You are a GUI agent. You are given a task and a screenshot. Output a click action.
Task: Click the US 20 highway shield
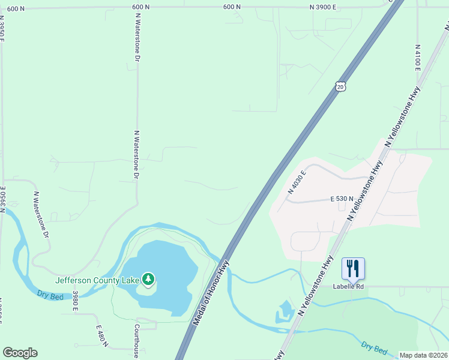pyautogui.click(x=340, y=87)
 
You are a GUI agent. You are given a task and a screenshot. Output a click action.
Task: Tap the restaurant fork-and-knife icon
pyautogui.click(x=353, y=268)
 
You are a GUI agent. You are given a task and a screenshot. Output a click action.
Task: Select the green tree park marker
pyautogui.click(x=148, y=279)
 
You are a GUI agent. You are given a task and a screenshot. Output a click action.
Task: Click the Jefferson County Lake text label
pyautogui.click(x=97, y=280)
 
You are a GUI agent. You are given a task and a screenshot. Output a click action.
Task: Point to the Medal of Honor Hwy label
pyautogui.click(x=212, y=293)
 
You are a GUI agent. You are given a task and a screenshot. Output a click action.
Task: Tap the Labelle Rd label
pyautogui.click(x=349, y=286)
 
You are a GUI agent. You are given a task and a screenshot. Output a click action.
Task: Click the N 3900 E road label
pyautogui.click(x=323, y=7)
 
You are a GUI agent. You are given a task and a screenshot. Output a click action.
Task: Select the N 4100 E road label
pyautogui.click(x=417, y=57)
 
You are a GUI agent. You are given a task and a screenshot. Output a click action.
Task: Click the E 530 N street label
pyautogui.click(x=342, y=198)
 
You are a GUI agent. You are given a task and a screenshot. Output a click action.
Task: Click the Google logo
pyautogui.click(x=20, y=353)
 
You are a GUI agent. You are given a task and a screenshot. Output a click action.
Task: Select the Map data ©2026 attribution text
pyautogui.click(x=424, y=355)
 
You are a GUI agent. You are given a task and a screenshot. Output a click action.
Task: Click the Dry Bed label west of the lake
pyautogui.click(x=49, y=295)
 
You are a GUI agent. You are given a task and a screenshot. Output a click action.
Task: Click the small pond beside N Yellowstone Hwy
pyautogui.click(x=284, y=312)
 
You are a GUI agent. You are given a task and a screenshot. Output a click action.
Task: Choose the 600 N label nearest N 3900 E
pyautogui.click(x=232, y=7)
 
